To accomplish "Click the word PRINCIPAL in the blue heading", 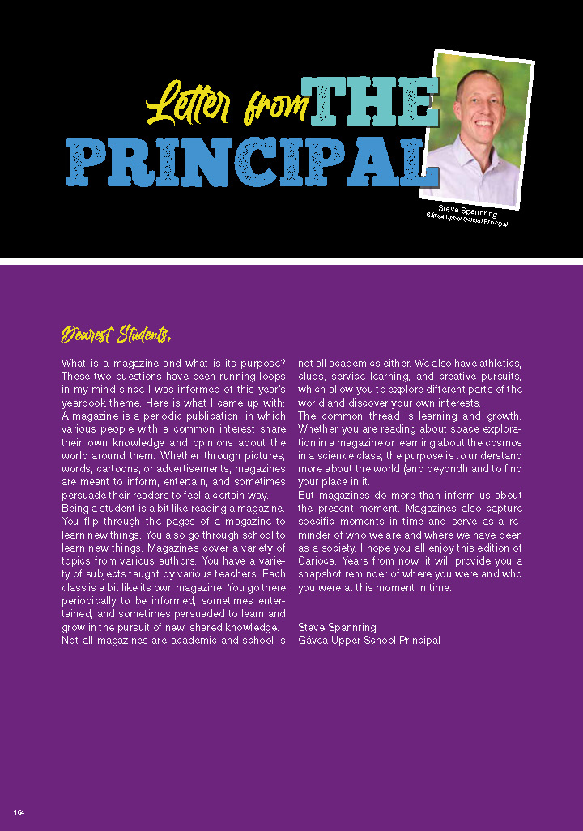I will pyautogui.click(x=247, y=164).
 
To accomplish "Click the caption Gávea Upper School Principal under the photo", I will pyautogui.click(x=466, y=219).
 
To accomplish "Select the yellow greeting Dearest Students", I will pyautogui.click(x=116, y=334).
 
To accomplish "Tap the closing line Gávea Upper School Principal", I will pyautogui.click(x=369, y=640).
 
